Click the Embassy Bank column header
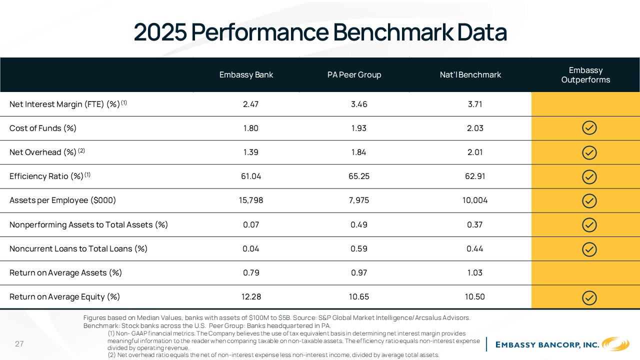[x=246, y=75]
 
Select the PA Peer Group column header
[x=354, y=75]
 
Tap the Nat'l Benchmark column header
[x=470, y=75]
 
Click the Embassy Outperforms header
[x=585, y=75]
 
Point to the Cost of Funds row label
[x=43, y=128]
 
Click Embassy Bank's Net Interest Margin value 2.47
[x=250, y=104]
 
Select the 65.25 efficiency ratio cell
[x=359, y=176]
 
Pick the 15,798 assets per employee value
[x=250, y=200]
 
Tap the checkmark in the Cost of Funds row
[x=589, y=127]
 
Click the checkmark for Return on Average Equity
[x=589, y=298]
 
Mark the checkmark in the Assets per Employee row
[x=589, y=201]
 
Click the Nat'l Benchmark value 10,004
[x=475, y=200]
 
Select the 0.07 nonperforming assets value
[x=251, y=225]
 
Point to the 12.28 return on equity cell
[x=251, y=297]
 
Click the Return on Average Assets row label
[x=65, y=273]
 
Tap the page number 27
[x=19, y=343]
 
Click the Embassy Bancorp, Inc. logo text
[x=547, y=345]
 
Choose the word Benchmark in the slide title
[x=393, y=32]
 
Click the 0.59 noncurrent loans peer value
[x=359, y=249]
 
